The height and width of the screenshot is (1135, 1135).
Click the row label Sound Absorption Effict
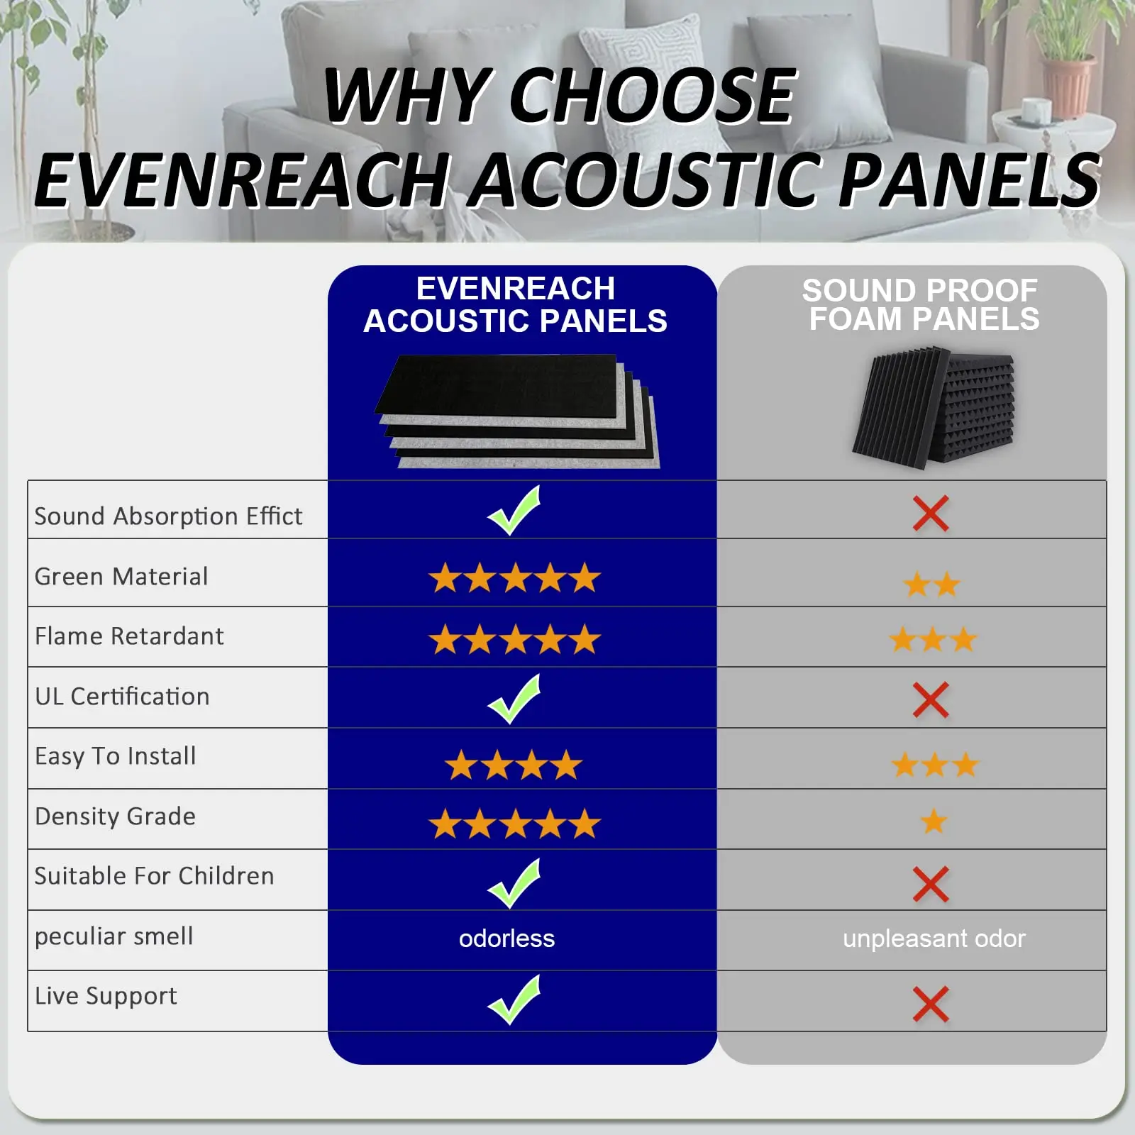tap(168, 516)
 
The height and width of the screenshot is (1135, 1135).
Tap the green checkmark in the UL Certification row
tap(514, 699)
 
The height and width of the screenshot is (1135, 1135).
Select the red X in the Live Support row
tap(931, 1004)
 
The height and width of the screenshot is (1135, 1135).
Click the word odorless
tap(506, 939)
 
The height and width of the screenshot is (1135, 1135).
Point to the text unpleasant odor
tap(934, 939)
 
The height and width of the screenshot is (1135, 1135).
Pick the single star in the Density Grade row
tap(934, 821)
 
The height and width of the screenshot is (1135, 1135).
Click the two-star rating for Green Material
tap(931, 585)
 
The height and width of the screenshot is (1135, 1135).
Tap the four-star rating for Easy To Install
tap(514, 765)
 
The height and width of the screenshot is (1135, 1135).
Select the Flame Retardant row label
tap(129, 636)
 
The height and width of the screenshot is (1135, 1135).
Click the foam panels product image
tap(934, 407)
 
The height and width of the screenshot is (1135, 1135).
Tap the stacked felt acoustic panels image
tap(517, 411)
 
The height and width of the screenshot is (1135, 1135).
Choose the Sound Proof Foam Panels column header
tap(921, 304)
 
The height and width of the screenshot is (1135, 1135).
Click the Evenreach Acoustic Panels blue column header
tap(515, 305)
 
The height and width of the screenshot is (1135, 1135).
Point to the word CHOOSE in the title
tap(653, 96)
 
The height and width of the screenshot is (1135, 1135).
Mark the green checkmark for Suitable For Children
tap(514, 883)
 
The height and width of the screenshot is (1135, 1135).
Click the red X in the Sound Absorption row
tap(931, 514)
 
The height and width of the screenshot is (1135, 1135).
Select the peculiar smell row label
tap(113, 936)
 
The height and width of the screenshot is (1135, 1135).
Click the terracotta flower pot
tap(1068, 86)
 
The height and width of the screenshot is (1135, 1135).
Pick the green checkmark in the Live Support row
tap(514, 1000)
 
